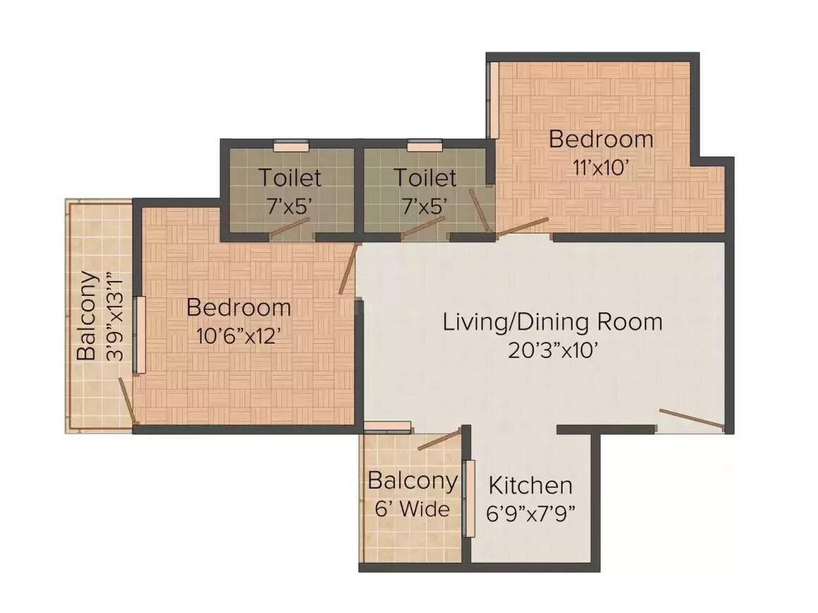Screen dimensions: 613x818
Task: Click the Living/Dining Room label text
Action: pos(552,322)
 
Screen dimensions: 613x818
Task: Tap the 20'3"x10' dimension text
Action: pos(554,350)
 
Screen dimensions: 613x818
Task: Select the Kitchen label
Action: pos(530,485)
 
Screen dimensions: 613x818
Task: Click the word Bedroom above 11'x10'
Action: pos(601,139)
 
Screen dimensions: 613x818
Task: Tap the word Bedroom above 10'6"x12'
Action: pos(238,308)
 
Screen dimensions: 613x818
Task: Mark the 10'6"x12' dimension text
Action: pos(238,336)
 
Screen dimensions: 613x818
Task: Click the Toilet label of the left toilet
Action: pos(289,177)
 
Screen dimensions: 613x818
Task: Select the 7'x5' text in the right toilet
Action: pos(425,205)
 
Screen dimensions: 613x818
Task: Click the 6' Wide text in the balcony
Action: pos(412,509)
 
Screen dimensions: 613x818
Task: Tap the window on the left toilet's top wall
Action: pos(291,146)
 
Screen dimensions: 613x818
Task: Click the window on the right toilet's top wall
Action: pos(425,146)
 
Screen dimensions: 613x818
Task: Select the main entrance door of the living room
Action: pos(691,419)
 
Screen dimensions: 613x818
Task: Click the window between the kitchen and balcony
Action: pos(469,498)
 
